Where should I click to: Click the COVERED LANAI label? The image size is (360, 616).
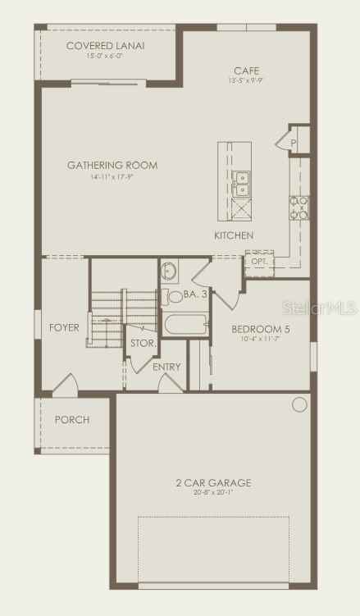[105, 46]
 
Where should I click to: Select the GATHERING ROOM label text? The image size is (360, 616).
[112, 165]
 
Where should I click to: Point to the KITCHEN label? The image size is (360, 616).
[234, 235]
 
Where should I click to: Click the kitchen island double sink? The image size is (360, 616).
[241, 184]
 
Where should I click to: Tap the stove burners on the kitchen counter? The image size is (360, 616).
[298, 208]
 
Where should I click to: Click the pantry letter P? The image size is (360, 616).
[294, 142]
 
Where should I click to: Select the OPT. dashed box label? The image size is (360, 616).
[259, 262]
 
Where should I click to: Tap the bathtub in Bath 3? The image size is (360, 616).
[186, 325]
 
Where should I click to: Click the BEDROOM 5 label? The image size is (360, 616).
[261, 329]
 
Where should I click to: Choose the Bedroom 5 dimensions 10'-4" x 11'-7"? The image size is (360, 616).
[261, 339]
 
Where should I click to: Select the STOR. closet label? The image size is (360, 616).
[143, 343]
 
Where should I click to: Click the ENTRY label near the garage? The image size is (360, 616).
[166, 367]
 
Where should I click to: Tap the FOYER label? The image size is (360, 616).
[65, 327]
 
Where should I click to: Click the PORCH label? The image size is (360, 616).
[72, 420]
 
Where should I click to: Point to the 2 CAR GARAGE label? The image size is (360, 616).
[213, 482]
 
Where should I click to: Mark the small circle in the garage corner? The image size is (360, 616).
[299, 404]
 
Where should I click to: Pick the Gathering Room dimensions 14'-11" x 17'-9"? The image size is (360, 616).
[112, 176]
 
